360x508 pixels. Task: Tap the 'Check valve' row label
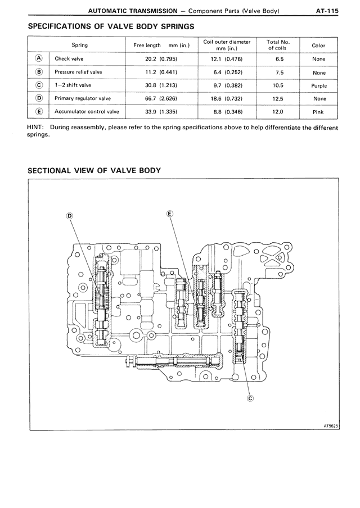(66, 58)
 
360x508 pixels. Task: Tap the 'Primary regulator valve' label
(83, 99)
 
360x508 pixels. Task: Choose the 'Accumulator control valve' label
(87, 112)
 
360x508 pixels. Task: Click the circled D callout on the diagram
(70, 215)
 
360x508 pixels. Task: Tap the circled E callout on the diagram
(170, 213)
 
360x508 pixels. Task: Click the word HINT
(35, 128)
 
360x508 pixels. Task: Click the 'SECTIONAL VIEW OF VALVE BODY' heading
(94, 170)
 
